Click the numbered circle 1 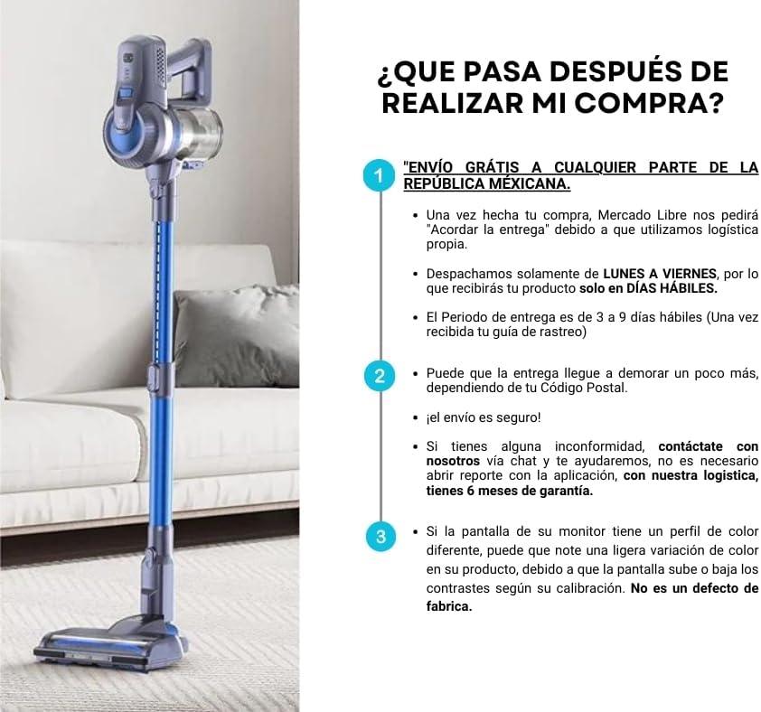(380, 175)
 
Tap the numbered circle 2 (380, 376)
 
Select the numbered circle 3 (380, 537)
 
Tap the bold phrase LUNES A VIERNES (660, 274)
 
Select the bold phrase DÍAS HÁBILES (672, 288)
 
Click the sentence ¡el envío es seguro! (484, 417)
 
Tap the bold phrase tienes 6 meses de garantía (510, 491)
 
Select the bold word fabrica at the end (448, 606)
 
